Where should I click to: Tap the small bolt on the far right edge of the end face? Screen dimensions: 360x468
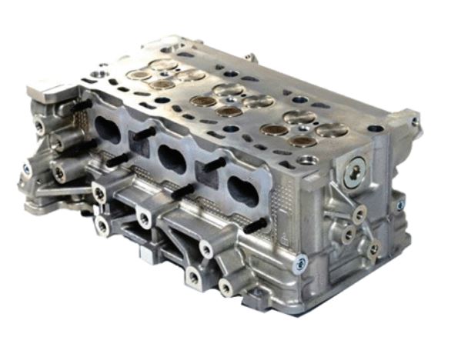(400, 205)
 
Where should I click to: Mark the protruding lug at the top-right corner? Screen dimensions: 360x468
(403, 118)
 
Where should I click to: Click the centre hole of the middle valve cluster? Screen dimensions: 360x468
(229, 100)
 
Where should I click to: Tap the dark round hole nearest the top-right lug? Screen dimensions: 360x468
(375, 128)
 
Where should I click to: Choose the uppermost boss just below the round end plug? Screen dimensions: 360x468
(359, 212)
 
